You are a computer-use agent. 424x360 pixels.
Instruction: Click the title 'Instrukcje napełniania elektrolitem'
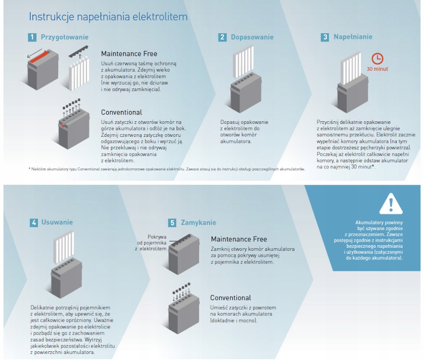click(108, 18)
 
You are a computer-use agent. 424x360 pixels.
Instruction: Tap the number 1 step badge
click(32, 38)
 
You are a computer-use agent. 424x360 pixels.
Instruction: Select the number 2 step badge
click(222, 38)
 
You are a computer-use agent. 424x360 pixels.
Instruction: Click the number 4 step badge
click(34, 223)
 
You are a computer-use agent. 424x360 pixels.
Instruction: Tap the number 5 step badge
click(172, 223)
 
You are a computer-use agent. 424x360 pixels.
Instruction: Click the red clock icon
click(378, 60)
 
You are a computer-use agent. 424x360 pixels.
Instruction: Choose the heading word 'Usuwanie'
click(57, 223)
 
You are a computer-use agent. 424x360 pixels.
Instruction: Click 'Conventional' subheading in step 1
click(121, 113)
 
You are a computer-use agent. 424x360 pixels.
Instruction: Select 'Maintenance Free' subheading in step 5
click(239, 239)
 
